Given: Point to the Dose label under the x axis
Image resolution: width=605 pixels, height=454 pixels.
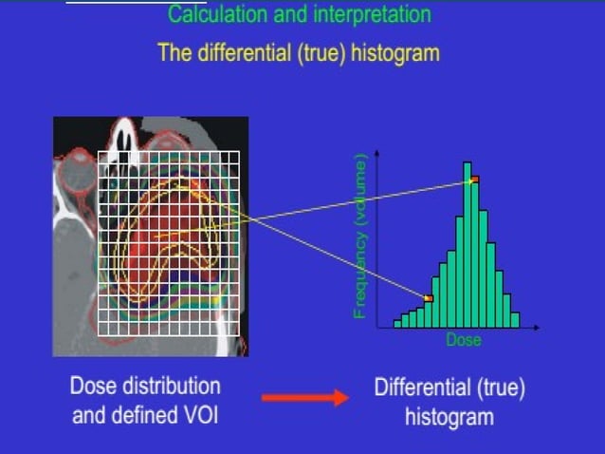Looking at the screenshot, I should [x=464, y=340].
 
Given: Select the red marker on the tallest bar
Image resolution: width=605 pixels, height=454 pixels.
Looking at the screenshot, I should [x=474, y=179].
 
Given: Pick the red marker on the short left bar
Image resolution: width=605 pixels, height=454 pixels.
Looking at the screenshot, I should [x=428, y=298].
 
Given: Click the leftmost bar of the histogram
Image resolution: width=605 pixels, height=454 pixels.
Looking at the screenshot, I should [x=397, y=323].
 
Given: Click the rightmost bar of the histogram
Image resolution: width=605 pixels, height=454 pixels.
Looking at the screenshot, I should [x=515, y=320].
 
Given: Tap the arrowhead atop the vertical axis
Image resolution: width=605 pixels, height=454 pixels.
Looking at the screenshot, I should [x=379, y=154].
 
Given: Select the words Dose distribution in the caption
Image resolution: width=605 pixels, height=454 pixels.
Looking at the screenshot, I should [x=145, y=387].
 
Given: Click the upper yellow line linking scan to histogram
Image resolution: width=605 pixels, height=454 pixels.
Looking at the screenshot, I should [x=360, y=199].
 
